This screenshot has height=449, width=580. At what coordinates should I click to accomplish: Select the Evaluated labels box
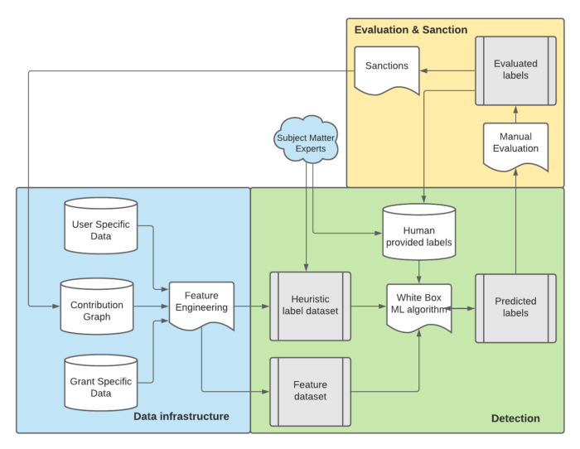pyautogui.click(x=515, y=70)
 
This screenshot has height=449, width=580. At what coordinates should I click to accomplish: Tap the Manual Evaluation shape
pyautogui.click(x=515, y=143)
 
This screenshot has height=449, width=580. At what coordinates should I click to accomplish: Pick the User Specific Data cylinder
pyautogui.click(x=101, y=225)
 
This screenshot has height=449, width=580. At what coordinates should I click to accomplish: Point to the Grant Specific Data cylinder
pyautogui.click(x=101, y=383)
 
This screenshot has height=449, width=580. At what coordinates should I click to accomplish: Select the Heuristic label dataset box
pyautogui.click(x=311, y=306)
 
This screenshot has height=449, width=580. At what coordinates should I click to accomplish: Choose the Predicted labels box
pyautogui.click(x=515, y=307)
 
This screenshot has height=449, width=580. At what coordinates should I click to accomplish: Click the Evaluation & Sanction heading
pyautogui.click(x=411, y=31)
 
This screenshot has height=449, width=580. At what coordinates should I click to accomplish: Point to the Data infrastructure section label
pyautogui.click(x=181, y=416)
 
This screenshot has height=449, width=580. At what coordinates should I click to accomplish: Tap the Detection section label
pyautogui.click(x=515, y=418)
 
